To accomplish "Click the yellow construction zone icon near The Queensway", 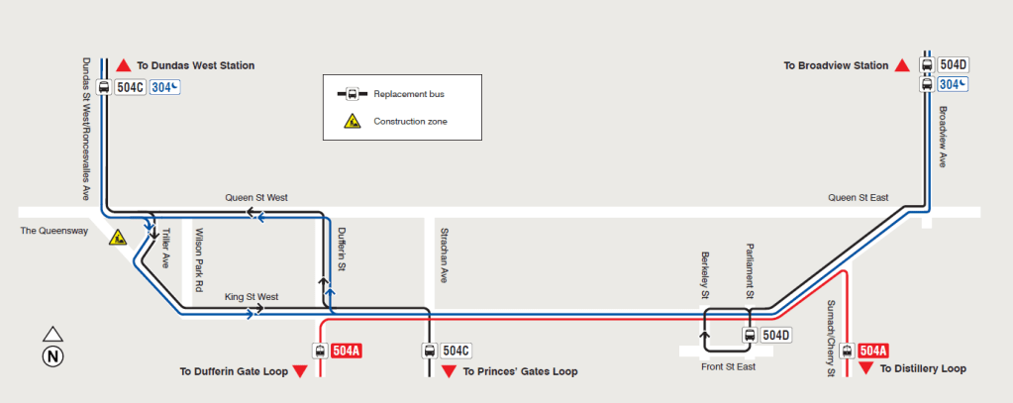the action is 118,238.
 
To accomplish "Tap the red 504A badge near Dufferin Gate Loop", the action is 347,352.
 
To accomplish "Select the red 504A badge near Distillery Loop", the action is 873,352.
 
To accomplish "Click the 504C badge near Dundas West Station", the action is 130,87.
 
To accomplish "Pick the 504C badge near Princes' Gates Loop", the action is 456,352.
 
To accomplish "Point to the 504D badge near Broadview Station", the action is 954,65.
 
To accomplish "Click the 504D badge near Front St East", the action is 776,336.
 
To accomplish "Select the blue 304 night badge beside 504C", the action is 164,87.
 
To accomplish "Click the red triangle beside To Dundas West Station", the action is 124,65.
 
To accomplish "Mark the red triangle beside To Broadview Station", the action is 902,65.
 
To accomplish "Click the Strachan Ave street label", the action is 444,255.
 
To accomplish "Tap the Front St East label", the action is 728,366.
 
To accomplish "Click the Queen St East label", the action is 859,198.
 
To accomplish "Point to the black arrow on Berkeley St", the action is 704,336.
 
